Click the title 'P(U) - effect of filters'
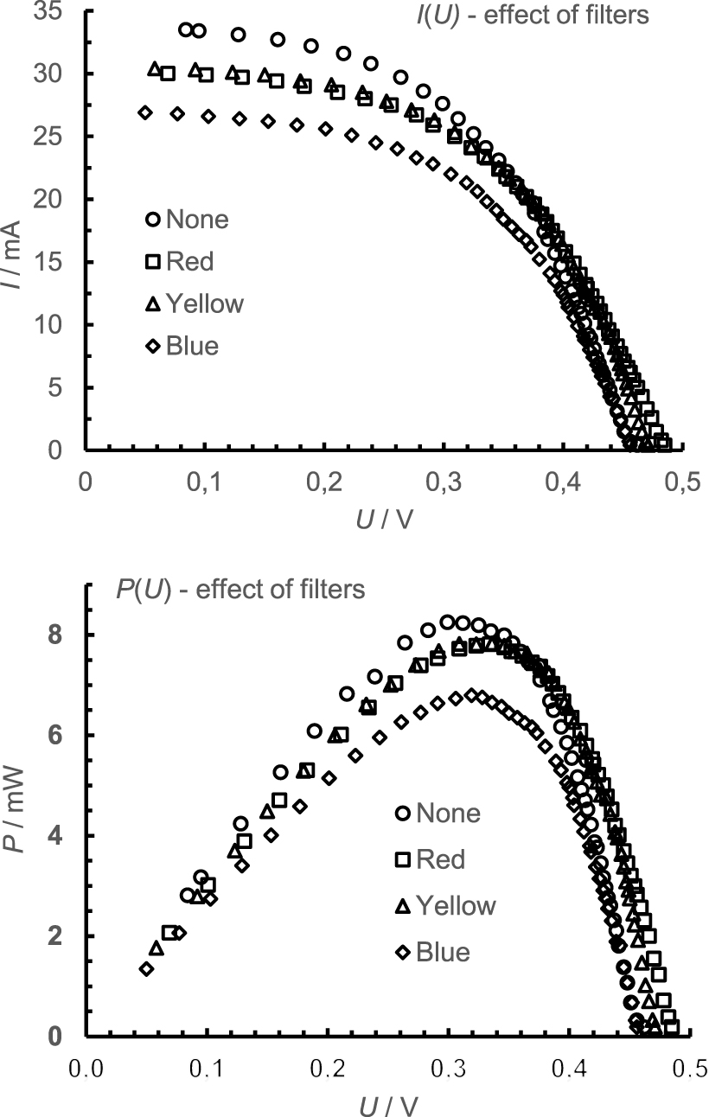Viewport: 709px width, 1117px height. click(240, 590)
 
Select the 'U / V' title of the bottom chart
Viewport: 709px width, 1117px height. click(384, 1102)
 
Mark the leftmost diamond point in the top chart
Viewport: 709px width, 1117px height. click(145, 112)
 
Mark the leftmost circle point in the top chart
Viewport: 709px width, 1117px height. click(185, 30)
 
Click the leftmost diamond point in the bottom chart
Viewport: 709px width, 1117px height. click(146, 969)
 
